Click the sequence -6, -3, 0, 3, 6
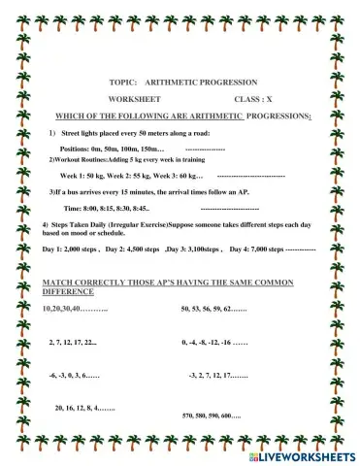click(73, 374)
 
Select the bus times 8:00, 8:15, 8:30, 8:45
click(107, 209)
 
